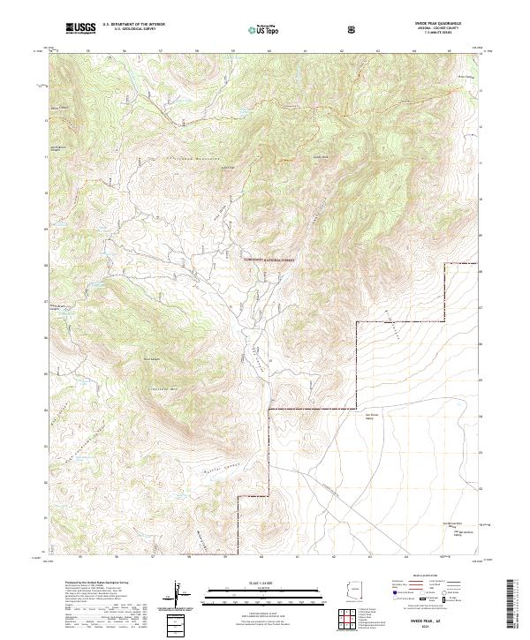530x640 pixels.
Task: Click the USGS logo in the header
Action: coord(80,29)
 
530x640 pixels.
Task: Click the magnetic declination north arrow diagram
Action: coord(178,598)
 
